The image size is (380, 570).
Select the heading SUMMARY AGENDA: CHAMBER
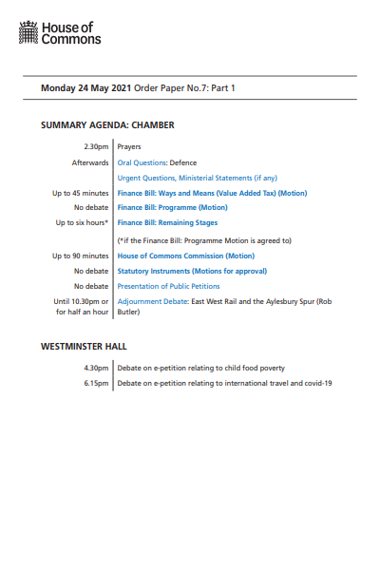(x=107, y=125)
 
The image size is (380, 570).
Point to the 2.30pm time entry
(x=97, y=147)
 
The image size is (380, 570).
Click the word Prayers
(x=130, y=147)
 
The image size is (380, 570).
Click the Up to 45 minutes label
(x=81, y=193)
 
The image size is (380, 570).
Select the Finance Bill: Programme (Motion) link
(x=172, y=207)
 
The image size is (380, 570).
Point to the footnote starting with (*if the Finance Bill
(x=203, y=240)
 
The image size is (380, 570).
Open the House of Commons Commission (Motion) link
(x=185, y=256)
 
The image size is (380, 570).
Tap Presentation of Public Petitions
(x=168, y=286)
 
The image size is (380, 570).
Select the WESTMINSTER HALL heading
(x=84, y=346)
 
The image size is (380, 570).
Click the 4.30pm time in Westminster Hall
(x=97, y=368)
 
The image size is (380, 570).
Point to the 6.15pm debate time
(x=97, y=383)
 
